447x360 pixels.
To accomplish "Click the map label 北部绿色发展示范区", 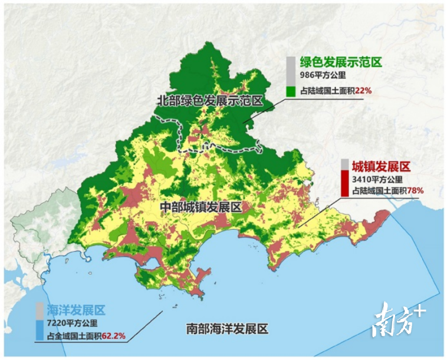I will click(x=209, y=100).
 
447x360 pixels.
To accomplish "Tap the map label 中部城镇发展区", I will click(x=201, y=207).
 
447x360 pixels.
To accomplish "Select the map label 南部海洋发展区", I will click(x=226, y=328).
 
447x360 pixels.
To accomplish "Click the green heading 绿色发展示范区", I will click(x=341, y=62).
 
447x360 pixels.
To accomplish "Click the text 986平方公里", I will click(x=323, y=76).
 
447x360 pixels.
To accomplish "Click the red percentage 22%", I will click(x=363, y=91).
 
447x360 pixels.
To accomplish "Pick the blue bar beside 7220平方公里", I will click(x=39, y=329).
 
